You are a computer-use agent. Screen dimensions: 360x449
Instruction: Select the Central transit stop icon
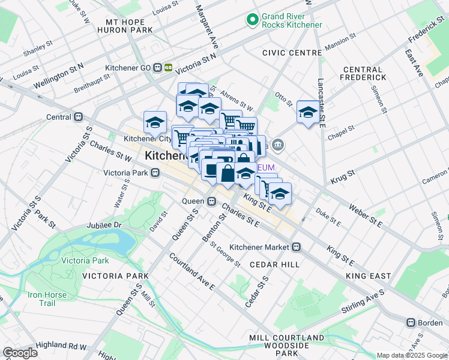(77, 118)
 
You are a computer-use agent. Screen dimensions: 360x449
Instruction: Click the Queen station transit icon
(211, 202)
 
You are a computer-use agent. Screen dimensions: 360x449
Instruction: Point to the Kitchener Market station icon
(297, 247)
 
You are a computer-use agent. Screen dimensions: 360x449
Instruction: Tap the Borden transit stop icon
(411, 322)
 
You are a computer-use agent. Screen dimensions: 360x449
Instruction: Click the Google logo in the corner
(20, 353)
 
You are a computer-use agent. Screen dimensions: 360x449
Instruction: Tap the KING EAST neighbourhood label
(368, 276)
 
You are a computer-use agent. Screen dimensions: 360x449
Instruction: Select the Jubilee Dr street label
(104, 225)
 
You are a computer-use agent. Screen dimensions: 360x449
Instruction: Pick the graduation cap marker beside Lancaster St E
(309, 112)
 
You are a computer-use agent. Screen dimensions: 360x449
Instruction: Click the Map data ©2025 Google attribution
(412, 355)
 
